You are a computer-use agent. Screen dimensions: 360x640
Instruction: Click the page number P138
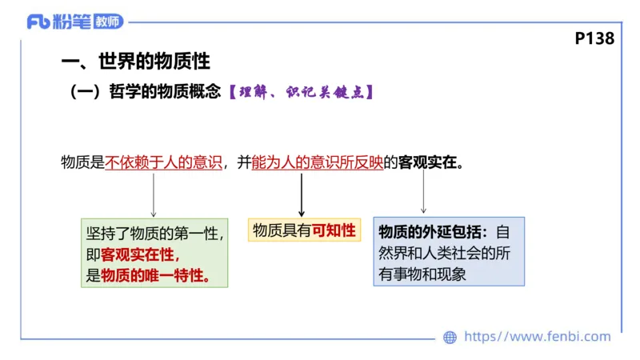(594, 38)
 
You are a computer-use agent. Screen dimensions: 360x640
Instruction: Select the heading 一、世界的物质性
(136, 62)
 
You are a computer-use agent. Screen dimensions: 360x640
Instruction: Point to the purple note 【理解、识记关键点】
(300, 92)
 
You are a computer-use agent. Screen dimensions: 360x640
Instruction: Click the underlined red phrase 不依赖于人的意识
(163, 162)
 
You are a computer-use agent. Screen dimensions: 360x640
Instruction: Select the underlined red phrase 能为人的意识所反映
(317, 162)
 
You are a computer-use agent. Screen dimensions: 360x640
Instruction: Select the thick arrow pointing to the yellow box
(301, 194)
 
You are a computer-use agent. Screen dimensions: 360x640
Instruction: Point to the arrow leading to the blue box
(423, 193)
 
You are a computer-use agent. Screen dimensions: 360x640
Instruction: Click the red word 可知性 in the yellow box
(334, 231)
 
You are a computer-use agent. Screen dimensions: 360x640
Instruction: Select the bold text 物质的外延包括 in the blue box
(432, 232)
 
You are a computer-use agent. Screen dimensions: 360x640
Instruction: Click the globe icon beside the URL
(450, 338)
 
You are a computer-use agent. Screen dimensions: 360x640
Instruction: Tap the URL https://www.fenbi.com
(537, 337)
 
